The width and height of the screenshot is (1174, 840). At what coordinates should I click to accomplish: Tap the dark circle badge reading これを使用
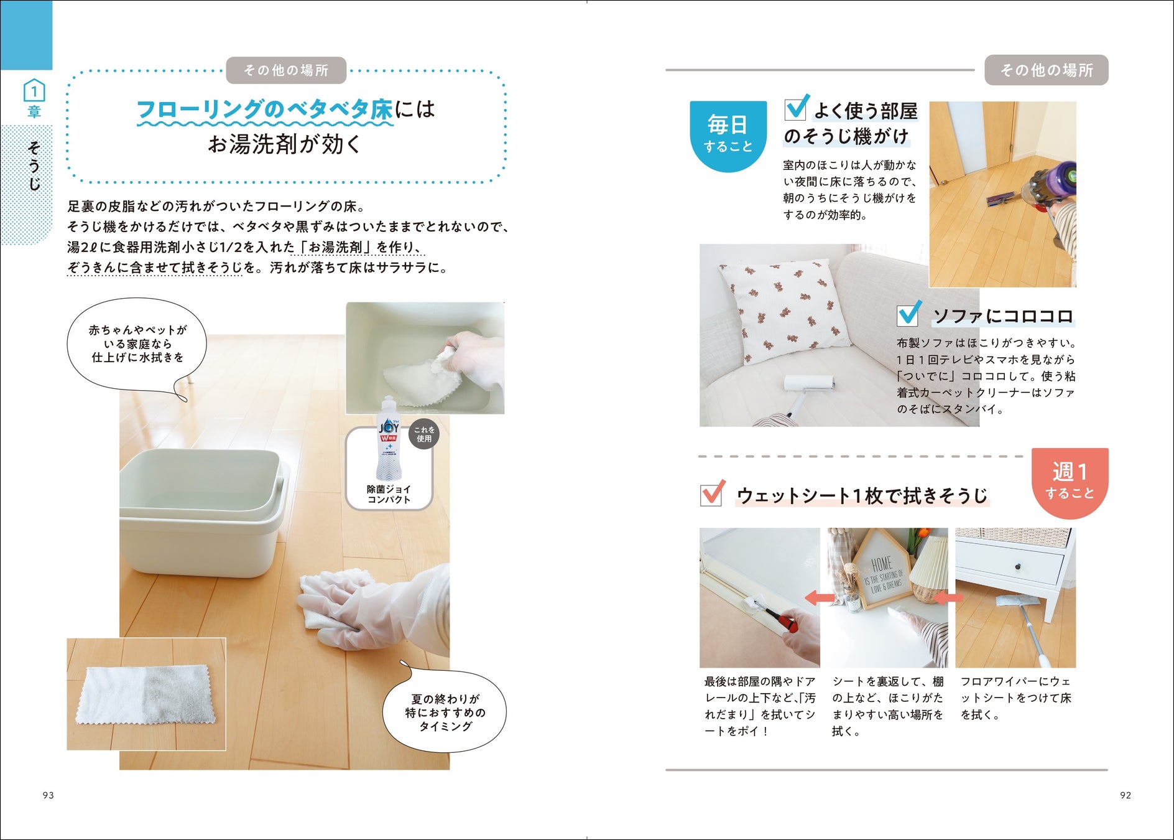coord(424,434)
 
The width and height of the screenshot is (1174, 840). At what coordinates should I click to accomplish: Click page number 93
coord(49,795)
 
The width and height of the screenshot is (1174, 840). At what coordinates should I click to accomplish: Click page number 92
coord(1125,795)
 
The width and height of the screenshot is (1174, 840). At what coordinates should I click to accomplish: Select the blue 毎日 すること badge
coord(728,136)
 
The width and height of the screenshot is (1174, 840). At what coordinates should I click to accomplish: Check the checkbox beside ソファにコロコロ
coord(908,314)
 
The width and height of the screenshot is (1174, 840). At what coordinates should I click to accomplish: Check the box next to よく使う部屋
coord(797,107)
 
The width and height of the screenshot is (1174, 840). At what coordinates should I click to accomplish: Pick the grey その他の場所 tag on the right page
coord(1047,70)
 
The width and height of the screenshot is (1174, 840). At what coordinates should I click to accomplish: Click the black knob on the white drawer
coord(1019,566)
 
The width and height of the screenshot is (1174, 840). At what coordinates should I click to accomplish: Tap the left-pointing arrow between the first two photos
coord(820,598)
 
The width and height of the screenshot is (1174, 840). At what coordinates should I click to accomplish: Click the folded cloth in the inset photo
coord(146,695)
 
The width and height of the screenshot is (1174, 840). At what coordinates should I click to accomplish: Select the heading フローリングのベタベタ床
coord(264,110)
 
